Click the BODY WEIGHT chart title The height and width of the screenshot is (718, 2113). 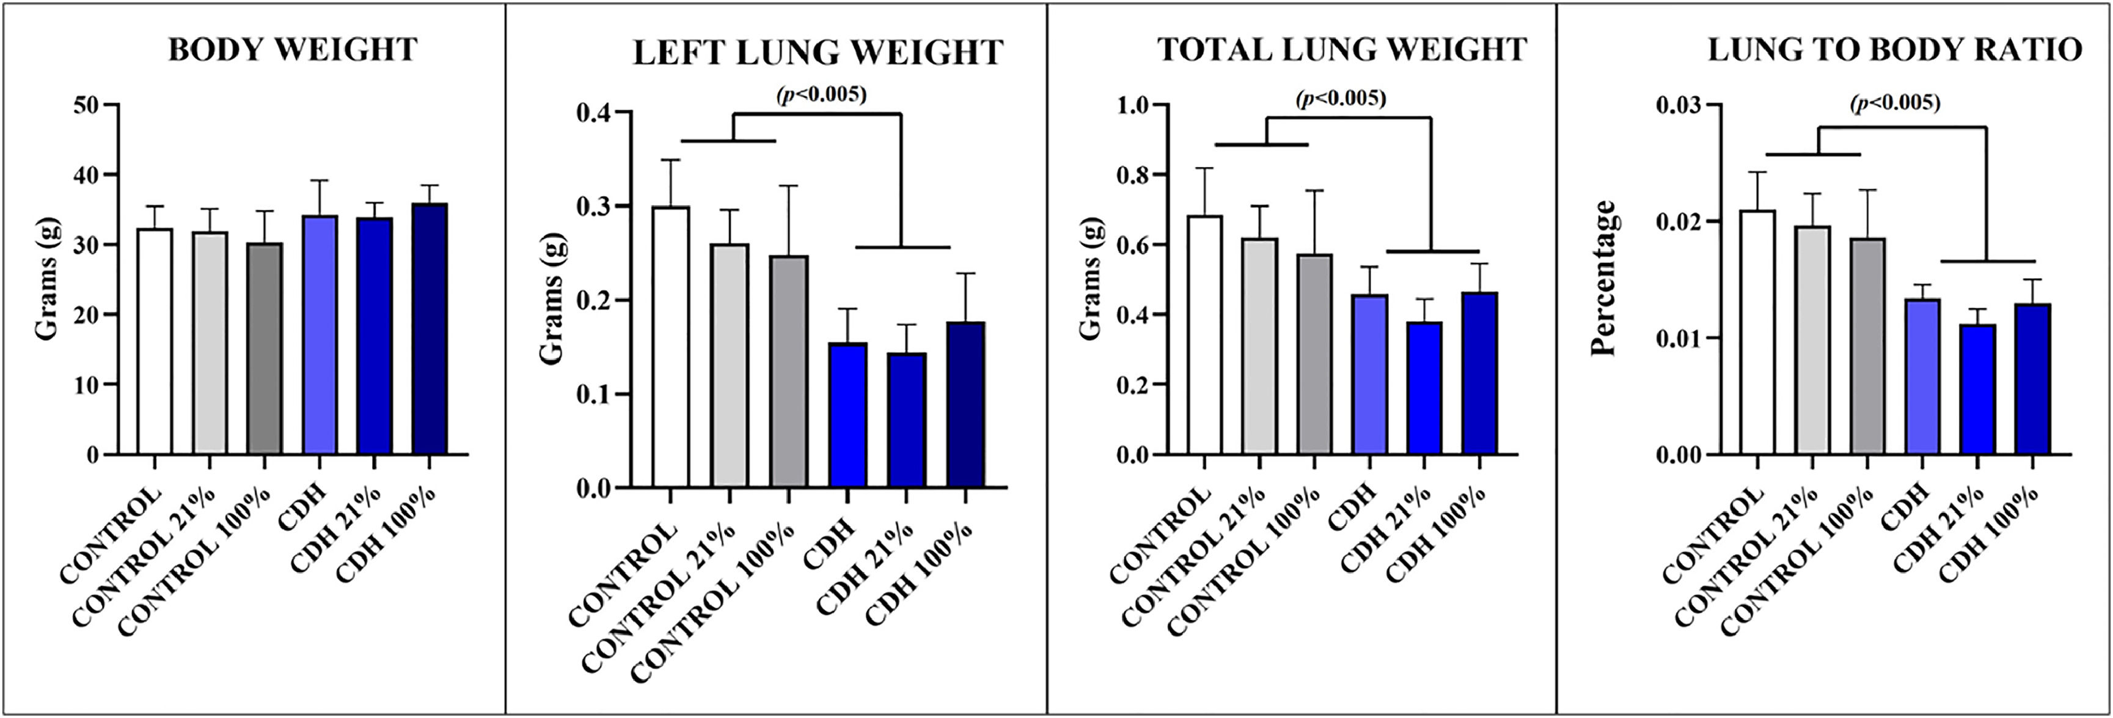(x=293, y=50)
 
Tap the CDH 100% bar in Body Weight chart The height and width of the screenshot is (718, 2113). (x=429, y=329)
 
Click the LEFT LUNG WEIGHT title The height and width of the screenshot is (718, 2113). (x=818, y=53)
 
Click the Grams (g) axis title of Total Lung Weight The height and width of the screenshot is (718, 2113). (x=1090, y=279)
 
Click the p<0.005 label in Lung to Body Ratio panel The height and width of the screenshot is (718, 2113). (x=1895, y=103)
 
